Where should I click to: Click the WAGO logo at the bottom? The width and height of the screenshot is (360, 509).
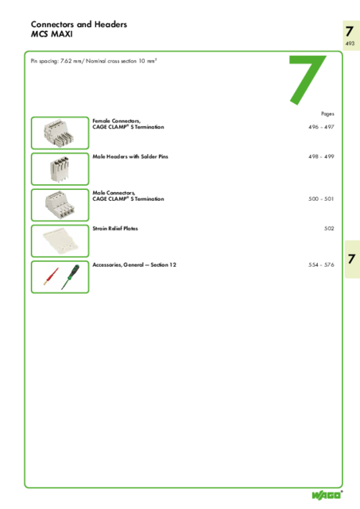pos(327,495)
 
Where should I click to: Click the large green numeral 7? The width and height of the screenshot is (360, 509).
pos(307,80)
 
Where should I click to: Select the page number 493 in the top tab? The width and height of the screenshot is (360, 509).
pos(350,44)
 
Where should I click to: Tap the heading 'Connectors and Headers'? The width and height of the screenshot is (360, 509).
pos(79,25)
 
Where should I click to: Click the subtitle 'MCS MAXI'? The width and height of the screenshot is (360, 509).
pos(52,34)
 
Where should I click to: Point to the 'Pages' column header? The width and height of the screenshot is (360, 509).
pos(327,114)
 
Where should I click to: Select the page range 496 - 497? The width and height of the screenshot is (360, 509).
pos(321,127)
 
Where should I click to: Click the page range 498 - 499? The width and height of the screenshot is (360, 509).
pos(321,156)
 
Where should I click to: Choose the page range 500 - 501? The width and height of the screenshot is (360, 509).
pos(321,199)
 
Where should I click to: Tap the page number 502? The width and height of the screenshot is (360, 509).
pos(329,229)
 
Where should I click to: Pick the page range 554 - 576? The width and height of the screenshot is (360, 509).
pos(321,264)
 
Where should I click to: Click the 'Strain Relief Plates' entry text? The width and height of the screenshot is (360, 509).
pos(115,229)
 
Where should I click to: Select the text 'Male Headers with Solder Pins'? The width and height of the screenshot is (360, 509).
pos(130,156)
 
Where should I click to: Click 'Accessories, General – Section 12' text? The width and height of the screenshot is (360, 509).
pos(134,264)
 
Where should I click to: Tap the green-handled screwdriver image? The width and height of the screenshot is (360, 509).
pos(70,277)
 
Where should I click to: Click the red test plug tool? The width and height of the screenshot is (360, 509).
pos(52,276)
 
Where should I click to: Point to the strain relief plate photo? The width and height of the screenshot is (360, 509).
pos(60,241)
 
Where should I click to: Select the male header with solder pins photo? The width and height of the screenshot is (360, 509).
pos(60,169)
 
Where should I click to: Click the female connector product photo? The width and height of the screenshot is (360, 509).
pos(59,133)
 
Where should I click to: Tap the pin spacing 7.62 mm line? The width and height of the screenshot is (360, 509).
pos(94,61)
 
